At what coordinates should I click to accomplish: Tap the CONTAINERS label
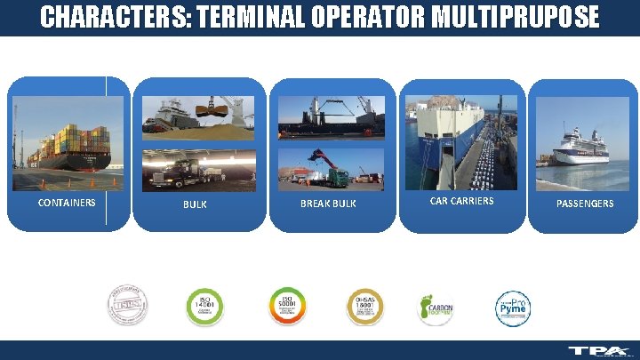67,203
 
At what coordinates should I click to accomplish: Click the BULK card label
195,204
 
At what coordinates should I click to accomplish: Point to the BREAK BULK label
328,204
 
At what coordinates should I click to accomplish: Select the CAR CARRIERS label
461,201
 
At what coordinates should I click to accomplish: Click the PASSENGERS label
584,204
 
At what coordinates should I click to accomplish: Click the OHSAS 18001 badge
364,307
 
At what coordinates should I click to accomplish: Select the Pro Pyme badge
513,307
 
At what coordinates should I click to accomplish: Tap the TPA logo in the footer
599,351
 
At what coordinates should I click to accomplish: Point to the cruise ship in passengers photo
581,147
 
